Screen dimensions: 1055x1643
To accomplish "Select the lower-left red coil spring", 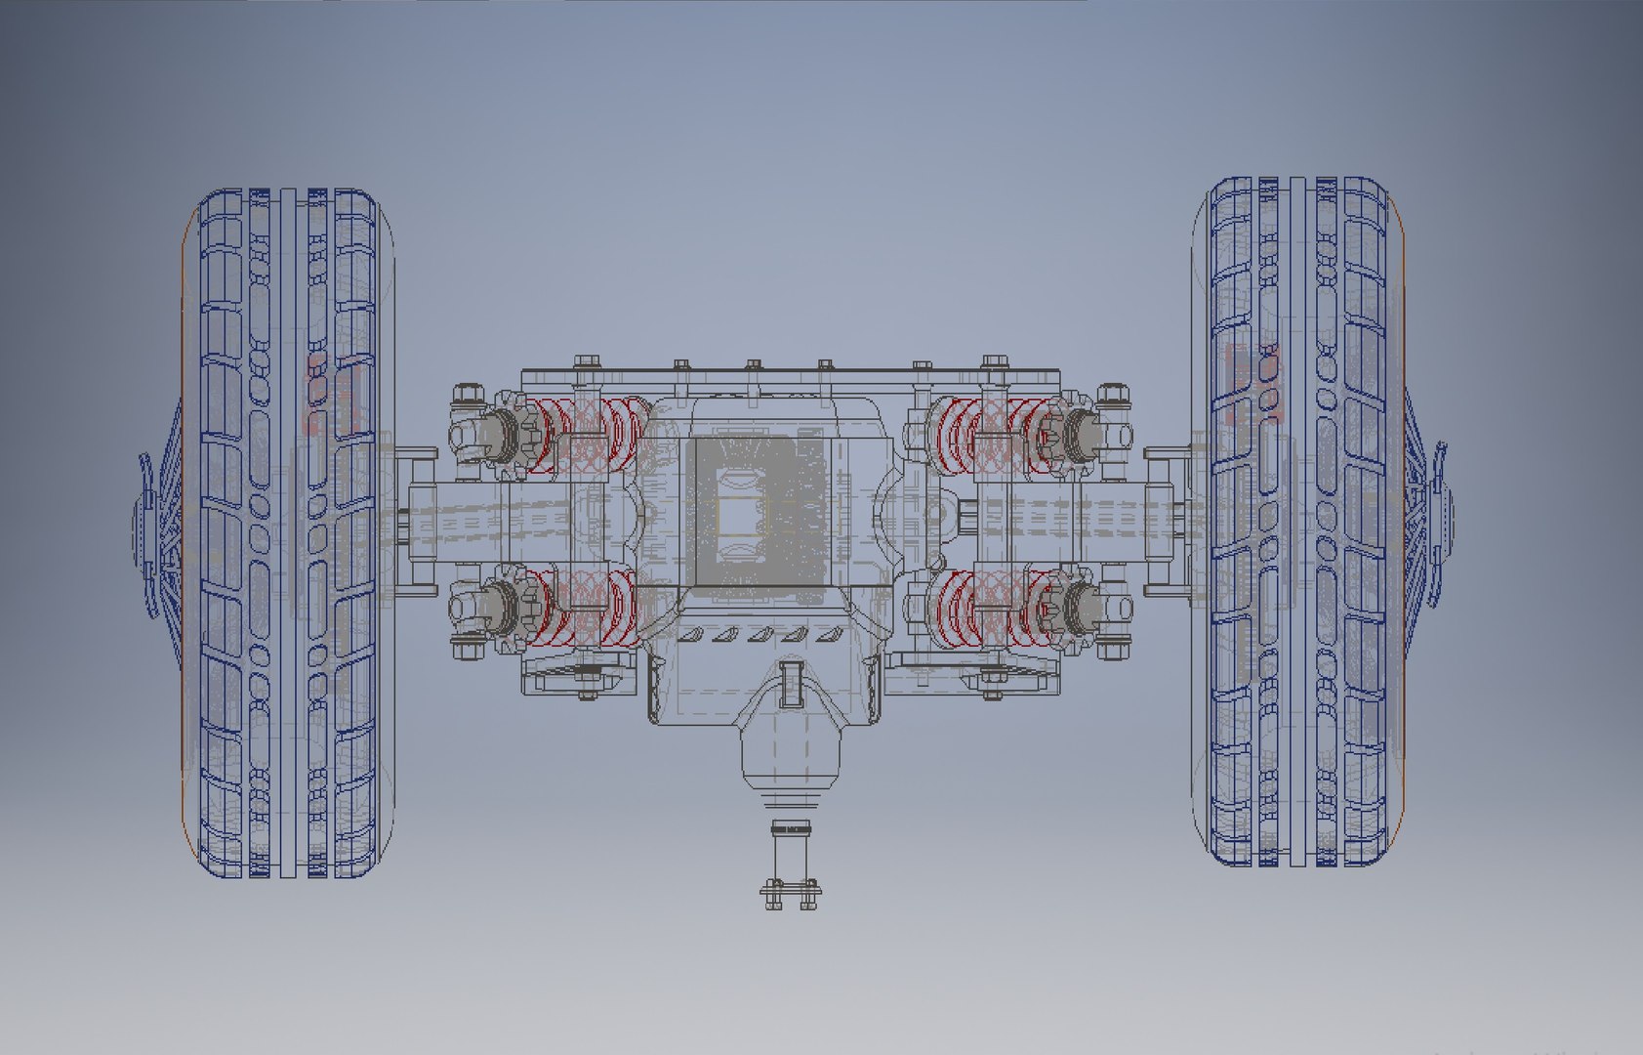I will point(586,608).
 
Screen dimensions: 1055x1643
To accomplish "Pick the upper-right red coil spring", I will point(986,435).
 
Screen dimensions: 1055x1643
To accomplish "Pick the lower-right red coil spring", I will point(986,608).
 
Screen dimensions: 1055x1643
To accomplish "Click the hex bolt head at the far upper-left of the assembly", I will point(468,396).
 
